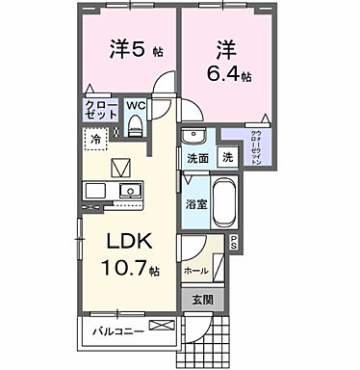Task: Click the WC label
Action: point(136,104)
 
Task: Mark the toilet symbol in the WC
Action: point(136,123)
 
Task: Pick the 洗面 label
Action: point(196,158)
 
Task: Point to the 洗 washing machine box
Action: point(226,157)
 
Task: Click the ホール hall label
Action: point(196,272)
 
